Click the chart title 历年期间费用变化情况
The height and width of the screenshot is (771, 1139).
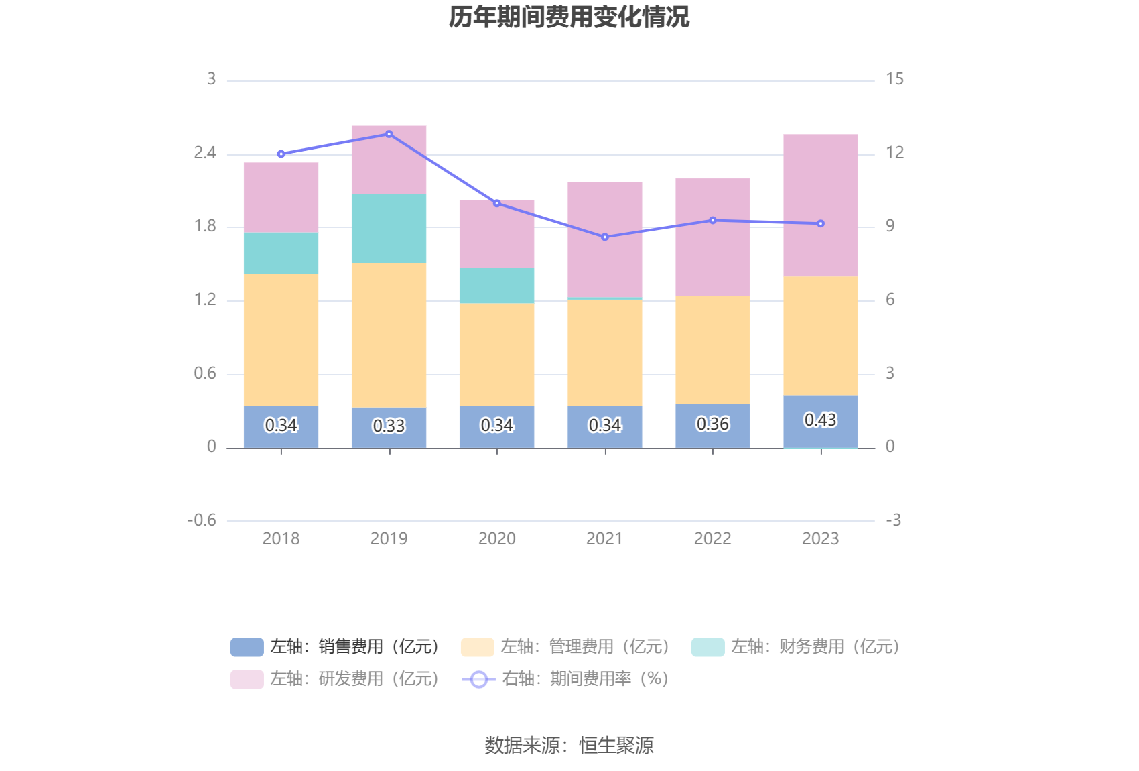569,17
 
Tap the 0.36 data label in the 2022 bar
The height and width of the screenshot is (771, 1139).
712,424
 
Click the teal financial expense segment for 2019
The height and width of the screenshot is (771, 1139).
389,228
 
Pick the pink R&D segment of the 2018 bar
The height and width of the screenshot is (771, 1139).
281,197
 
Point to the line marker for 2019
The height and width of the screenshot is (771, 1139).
389,134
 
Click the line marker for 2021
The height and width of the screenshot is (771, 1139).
604,237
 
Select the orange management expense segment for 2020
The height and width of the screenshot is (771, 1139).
496,354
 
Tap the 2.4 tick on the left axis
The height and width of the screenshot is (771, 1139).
205,153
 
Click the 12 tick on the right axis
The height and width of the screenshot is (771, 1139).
894,153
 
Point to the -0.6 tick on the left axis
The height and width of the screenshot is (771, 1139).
202,520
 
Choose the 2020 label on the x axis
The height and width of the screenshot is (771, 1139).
496,538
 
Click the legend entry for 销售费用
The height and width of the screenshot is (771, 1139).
335,646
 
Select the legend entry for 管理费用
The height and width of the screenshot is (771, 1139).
565,646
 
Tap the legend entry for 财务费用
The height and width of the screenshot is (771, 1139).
796,646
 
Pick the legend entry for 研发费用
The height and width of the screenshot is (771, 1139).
335,678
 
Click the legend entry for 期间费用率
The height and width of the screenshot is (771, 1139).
566,678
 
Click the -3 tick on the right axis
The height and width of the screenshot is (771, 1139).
893,520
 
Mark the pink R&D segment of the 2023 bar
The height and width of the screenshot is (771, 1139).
820,205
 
